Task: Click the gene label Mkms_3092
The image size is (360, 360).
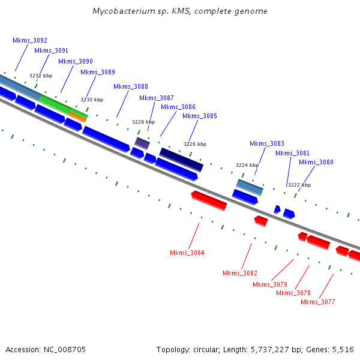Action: [30, 40]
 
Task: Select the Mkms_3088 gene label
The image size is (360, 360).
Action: [131, 86]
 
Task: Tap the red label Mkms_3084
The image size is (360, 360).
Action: [187, 253]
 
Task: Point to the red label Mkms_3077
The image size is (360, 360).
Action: [318, 302]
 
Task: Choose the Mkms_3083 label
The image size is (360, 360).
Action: [267, 144]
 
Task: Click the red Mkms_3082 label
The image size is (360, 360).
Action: [240, 273]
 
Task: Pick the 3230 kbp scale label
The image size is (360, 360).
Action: [92, 100]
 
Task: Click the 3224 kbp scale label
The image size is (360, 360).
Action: [247, 166]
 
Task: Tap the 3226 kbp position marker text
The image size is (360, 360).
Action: [195, 144]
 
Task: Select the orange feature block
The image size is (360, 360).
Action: [77, 117]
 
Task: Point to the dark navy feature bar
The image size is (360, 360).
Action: [181, 160]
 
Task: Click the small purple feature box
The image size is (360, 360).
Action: [142, 143]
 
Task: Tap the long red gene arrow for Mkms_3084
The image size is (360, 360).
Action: [209, 200]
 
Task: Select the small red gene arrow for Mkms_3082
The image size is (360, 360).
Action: [261, 221]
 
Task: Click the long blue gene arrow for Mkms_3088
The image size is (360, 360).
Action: [106, 139]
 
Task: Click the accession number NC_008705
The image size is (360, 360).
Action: [65, 350]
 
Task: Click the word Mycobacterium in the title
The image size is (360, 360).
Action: [124, 11]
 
